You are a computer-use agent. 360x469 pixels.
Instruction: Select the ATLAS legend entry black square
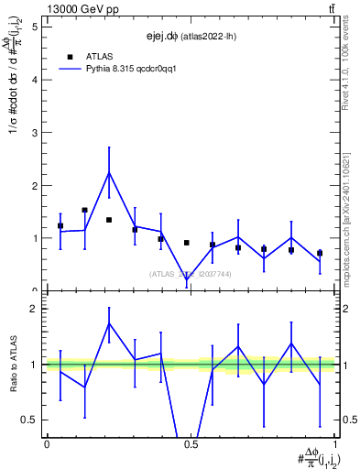point(70,56)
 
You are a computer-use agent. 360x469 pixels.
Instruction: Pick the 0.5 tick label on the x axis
point(191,444)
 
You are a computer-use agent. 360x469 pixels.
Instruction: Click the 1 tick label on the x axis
point(334,444)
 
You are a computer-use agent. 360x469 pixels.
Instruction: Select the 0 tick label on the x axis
point(47,444)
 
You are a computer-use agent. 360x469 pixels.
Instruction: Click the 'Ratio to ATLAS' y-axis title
point(14,365)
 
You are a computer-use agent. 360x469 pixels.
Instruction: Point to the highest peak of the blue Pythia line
point(109,172)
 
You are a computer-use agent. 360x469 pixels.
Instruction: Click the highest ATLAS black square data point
point(84,210)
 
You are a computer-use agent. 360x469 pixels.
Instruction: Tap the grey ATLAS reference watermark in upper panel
point(191,274)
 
